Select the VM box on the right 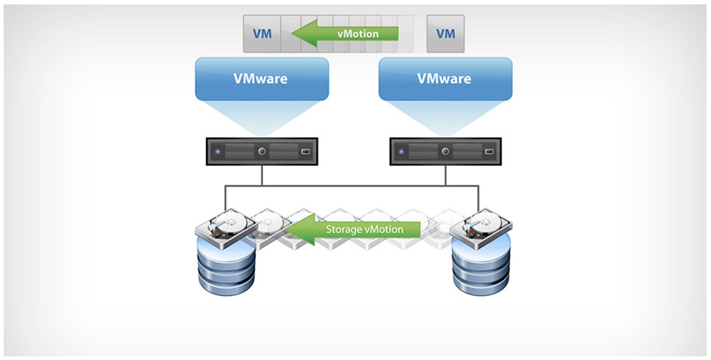(x=445, y=34)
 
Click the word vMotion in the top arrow (x=358, y=34)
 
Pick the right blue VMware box (x=445, y=79)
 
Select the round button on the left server (x=262, y=152)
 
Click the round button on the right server (x=446, y=152)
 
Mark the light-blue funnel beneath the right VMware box (x=445, y=117)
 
